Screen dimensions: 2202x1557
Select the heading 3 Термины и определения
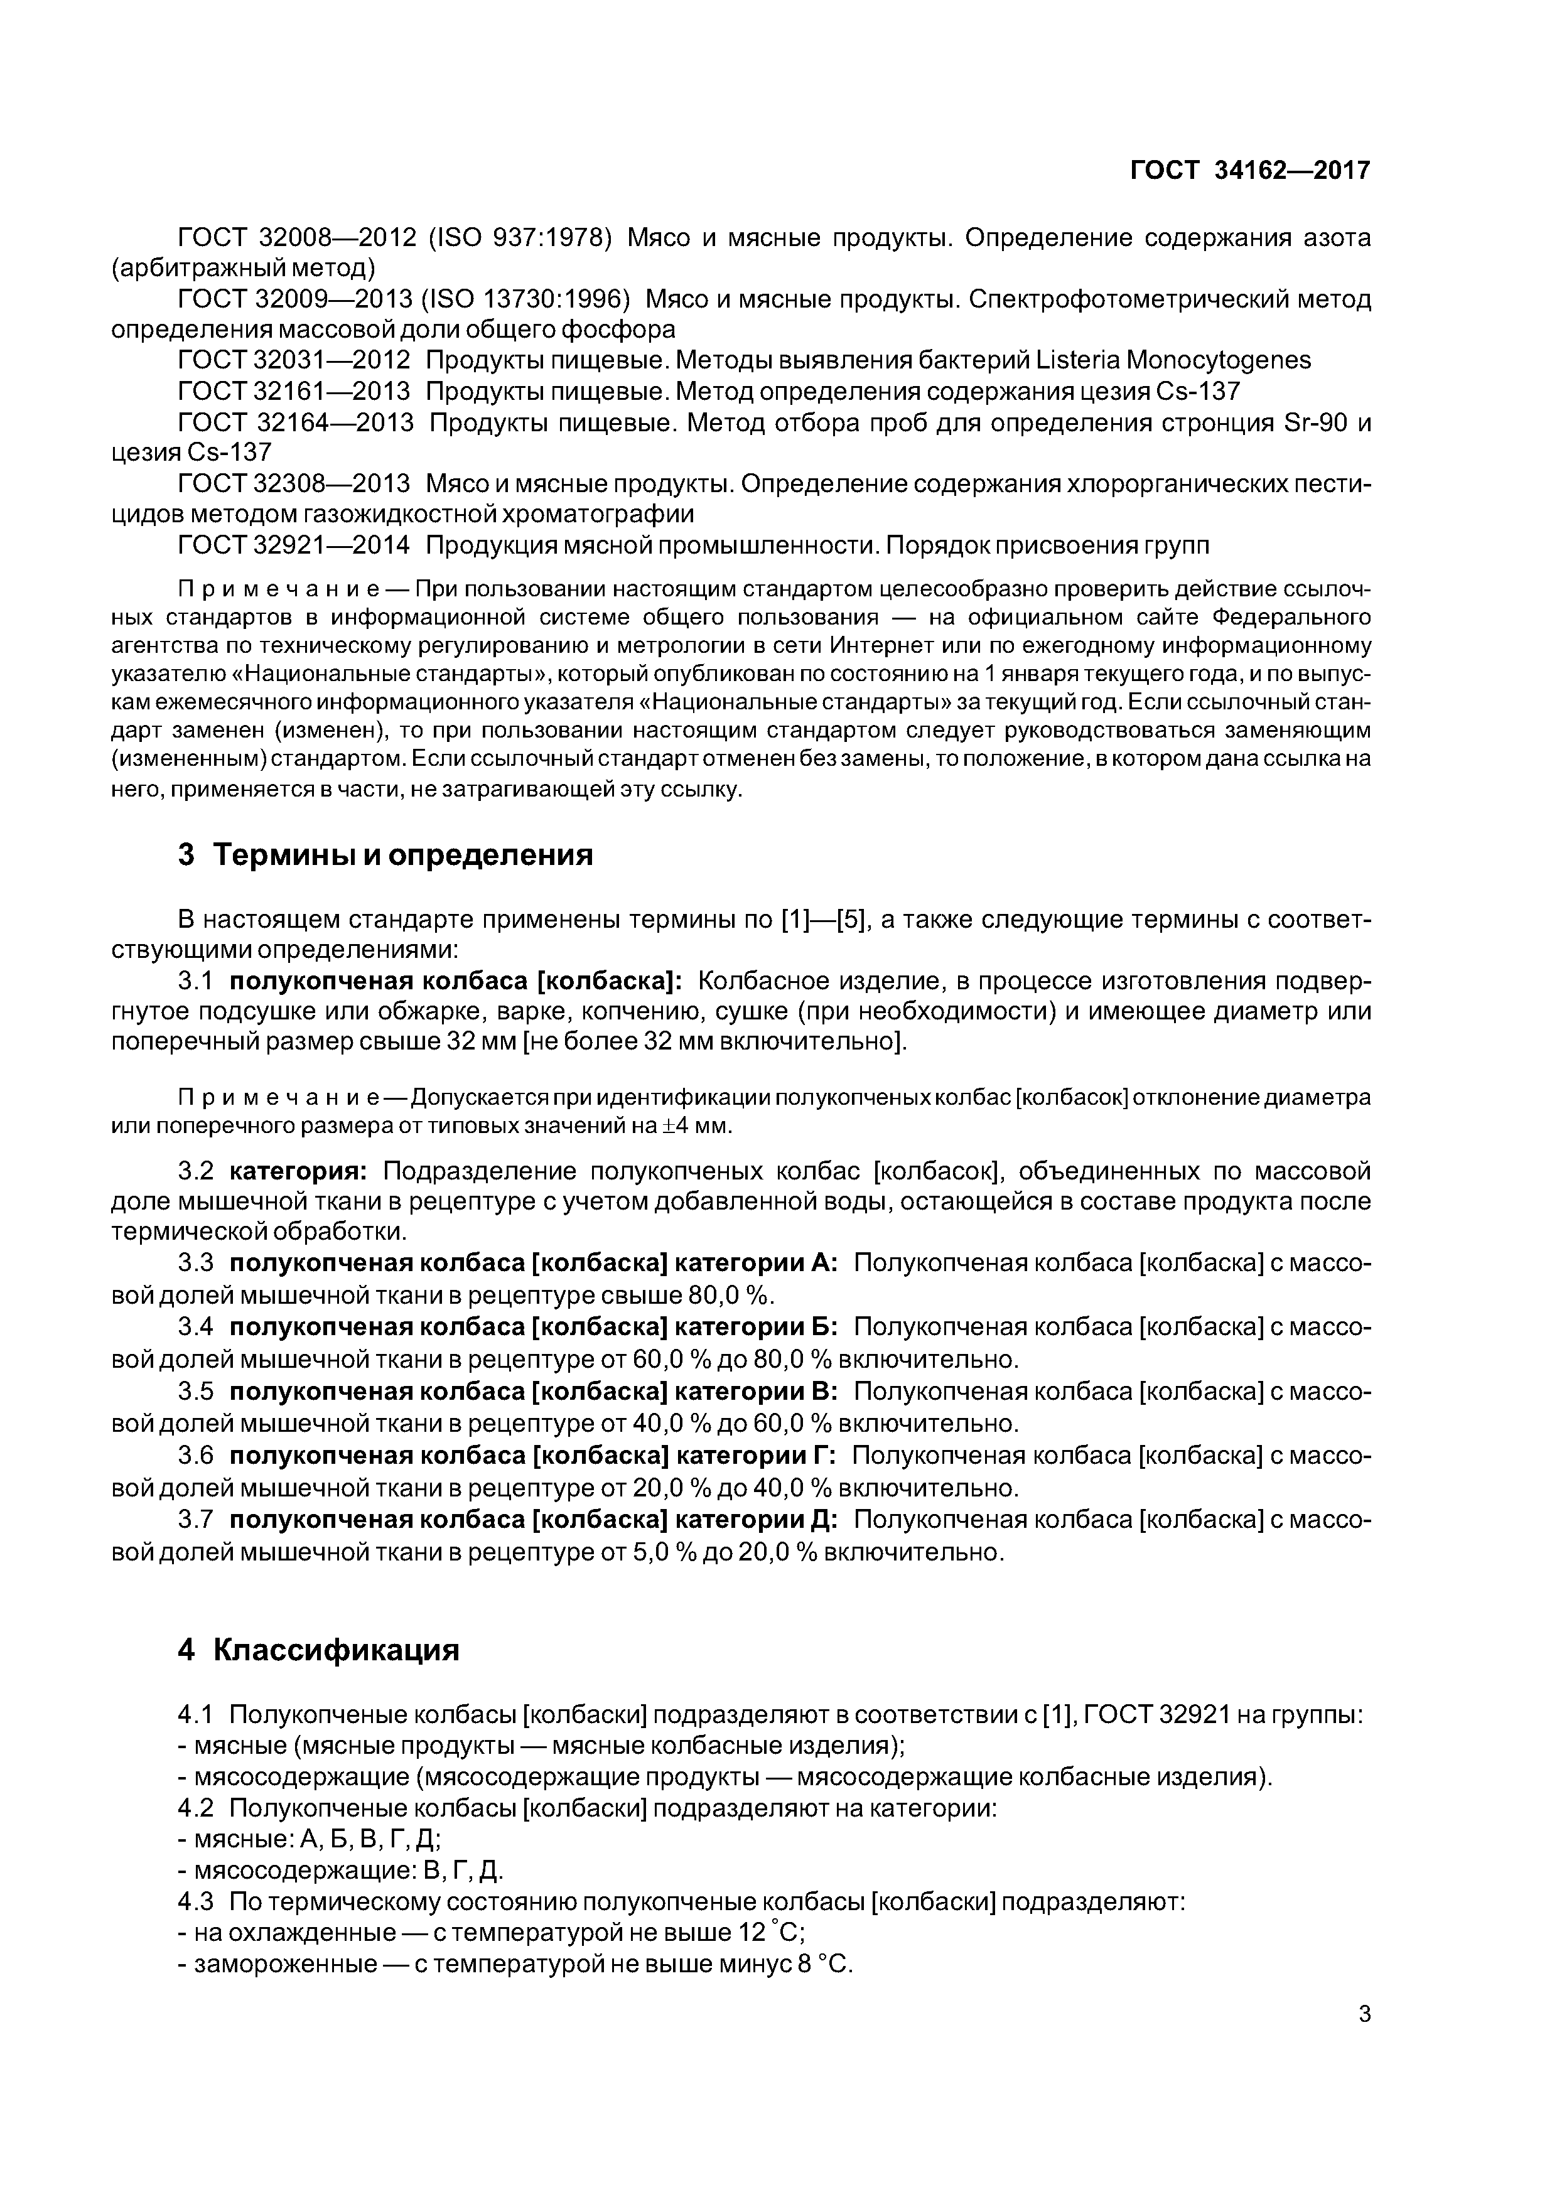385,854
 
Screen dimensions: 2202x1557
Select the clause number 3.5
196,1392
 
